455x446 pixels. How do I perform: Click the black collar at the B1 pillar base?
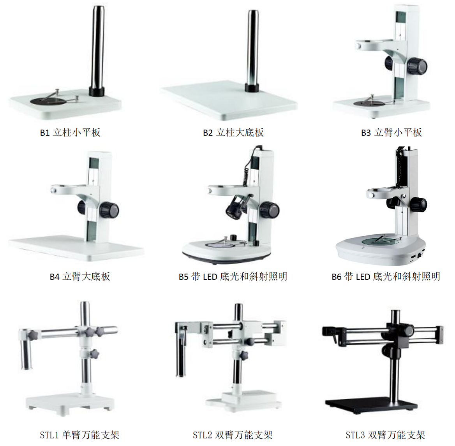coord(96,91)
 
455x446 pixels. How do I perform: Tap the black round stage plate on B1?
coord(48,101)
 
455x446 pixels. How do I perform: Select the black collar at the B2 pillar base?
coord(252,87)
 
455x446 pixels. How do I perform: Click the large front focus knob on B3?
coord(417,67)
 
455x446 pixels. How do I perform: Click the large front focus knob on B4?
coord(109,210)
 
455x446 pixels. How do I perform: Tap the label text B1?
coord(45,133)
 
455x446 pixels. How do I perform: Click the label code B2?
coord(208,133)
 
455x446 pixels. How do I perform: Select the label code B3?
coord(366,133)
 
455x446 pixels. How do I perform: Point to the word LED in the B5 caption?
coord(210,277)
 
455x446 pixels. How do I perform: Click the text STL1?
coord(49,435)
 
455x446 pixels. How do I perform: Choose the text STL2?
coord(202,435)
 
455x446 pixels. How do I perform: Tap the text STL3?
coord(355,435)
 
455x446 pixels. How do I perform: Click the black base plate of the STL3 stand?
coord(371,405)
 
